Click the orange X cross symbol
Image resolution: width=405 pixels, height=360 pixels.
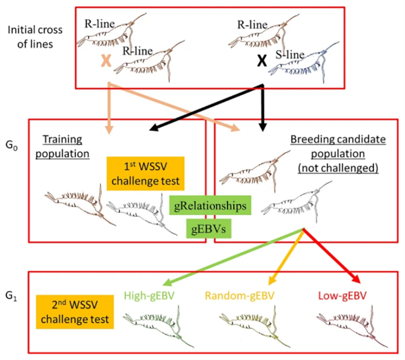(105, 61)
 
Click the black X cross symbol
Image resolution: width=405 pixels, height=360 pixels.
(261, 62)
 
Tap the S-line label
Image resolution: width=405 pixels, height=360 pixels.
(289, 54)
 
